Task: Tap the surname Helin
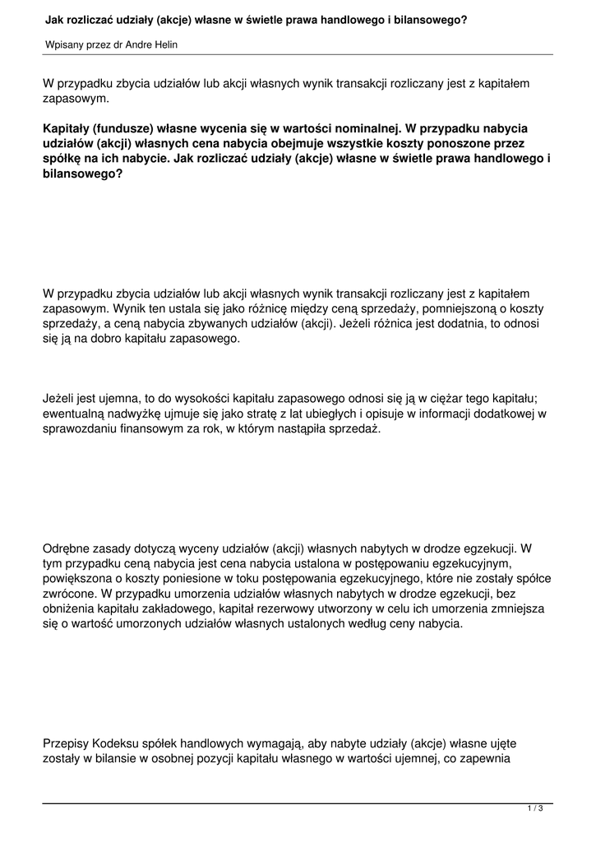pos(164,44)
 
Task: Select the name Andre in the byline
pos(134,44)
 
